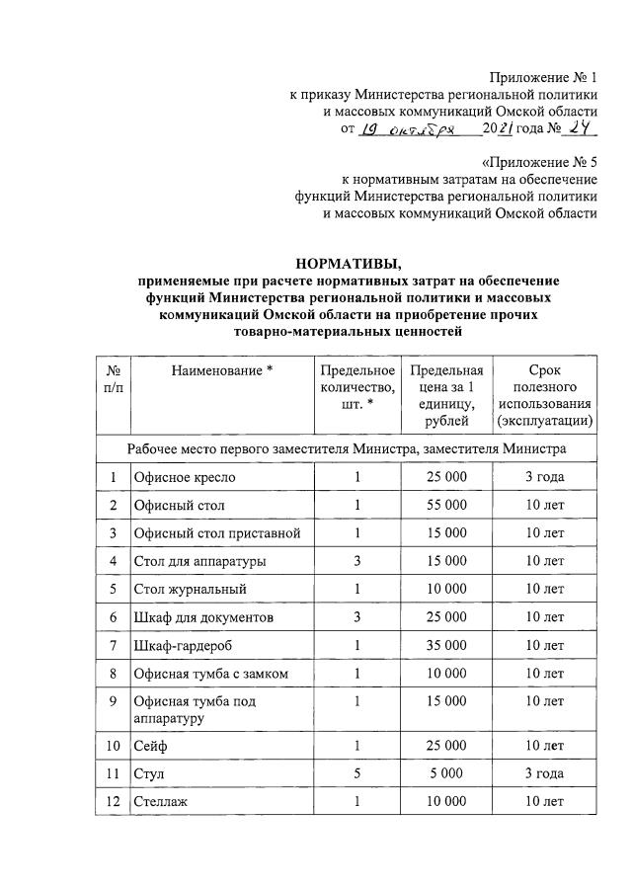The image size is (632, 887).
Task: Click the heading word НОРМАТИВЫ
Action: pos(349,263)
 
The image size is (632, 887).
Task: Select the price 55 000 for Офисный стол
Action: pos(445,506)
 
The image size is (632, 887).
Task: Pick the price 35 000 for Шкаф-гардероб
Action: pos(445,646)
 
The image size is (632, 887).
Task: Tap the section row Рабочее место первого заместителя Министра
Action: pos(347,448)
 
